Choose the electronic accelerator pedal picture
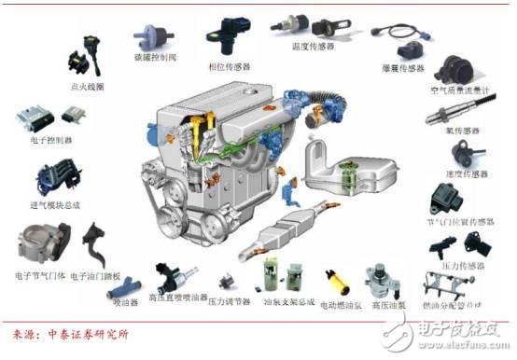(94, 246)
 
